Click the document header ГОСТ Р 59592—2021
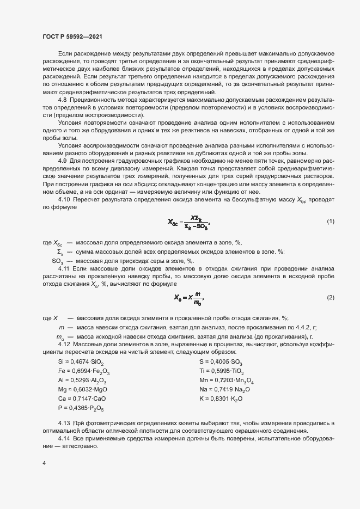[x=72, y=36]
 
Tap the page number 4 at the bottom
[x=44, y=463]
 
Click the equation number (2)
[x=330, y=297]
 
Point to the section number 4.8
[x=62, y=101]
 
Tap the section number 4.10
[x=64, y=200]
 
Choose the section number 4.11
[x=64, y=269]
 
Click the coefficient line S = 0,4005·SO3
[x=221, y=361]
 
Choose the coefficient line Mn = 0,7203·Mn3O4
[x=227, y=381]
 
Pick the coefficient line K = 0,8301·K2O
[x=221, y=399]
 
